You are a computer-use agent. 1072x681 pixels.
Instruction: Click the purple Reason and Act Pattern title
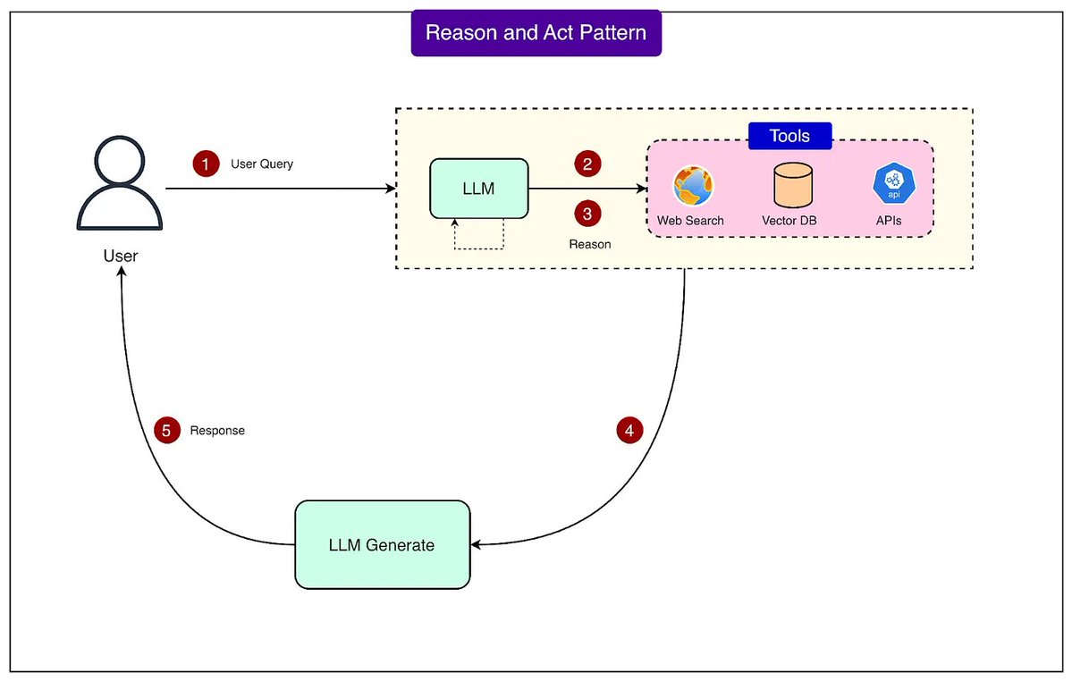coord(536,33)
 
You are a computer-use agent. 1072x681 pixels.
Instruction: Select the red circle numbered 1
coord(206,164)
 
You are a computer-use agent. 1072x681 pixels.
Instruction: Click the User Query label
coord(262,164)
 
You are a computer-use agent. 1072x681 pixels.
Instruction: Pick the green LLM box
coord(479,189)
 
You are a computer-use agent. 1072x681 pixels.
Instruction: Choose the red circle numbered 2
coord(587,164)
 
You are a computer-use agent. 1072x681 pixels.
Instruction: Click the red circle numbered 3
coord(587,214)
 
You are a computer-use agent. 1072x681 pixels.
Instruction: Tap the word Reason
coord(590,244)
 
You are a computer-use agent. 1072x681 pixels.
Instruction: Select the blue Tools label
coord(789,136)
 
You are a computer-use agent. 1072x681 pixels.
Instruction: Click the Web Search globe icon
coord(693,186)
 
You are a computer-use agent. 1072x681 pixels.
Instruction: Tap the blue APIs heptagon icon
coord(891,183)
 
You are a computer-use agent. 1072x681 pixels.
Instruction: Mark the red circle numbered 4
coord(629,430)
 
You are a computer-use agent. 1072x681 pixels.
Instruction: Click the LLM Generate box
coord(383,544)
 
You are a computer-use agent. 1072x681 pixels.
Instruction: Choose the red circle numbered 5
coord(165,430)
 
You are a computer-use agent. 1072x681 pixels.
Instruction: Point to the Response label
coord(217,431)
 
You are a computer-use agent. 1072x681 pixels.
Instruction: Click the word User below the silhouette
coord(121,256)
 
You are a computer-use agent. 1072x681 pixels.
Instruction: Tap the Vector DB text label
coord(789,220)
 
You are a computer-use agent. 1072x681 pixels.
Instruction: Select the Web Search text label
coord(690,220)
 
